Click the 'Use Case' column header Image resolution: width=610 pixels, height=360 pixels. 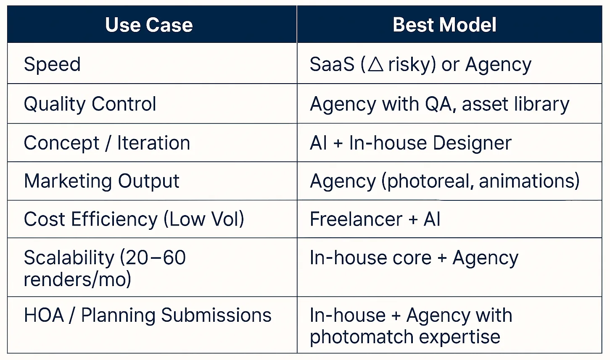coord(149,25)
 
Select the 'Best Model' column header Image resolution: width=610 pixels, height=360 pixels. coord(444,25)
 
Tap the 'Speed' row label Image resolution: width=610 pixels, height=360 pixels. coord(52,65)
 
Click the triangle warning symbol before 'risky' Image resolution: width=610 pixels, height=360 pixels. coord(375,65)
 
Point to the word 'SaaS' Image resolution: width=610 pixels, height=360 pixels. coord(332,65)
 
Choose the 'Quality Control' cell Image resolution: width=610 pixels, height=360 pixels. coord(90,104)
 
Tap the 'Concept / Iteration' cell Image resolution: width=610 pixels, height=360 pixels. coord(107,143)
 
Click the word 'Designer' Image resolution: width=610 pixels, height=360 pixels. coord(472,143)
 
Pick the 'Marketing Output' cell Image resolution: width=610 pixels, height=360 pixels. coord(101,181)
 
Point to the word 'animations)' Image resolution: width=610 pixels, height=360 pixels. coord(529,181)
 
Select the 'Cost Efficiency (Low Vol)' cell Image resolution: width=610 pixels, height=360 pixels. coord(134,219)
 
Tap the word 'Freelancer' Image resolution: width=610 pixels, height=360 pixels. coord(356,219)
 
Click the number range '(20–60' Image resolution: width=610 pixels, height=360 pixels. coord(153,258)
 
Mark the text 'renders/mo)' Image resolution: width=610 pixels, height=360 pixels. coord(77,280)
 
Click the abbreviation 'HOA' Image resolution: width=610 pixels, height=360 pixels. coord(44,315)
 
